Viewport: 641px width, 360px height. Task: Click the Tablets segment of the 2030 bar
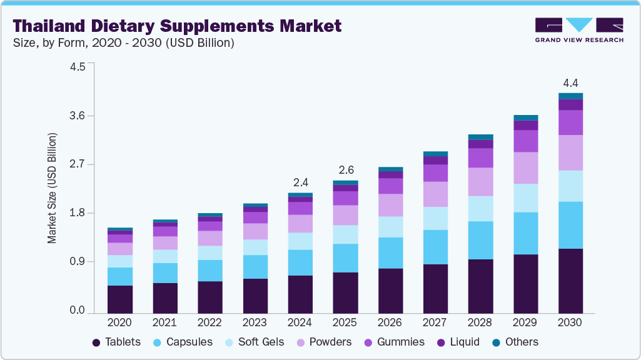570,281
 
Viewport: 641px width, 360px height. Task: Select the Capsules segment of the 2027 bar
435,247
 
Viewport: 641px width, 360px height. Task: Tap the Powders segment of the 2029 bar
525,167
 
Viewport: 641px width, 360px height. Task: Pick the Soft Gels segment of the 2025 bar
345,234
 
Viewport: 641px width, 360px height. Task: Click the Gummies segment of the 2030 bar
570,122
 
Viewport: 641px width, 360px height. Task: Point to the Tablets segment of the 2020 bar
119,299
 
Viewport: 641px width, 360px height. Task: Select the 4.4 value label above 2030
570,83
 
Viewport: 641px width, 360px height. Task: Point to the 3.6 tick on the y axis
77,116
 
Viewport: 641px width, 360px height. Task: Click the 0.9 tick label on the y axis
77,262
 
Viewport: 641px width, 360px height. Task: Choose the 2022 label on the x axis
209,322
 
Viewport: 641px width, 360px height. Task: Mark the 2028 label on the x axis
480,322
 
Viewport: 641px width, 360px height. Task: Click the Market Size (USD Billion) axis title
53,188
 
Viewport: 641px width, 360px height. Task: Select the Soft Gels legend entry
256,342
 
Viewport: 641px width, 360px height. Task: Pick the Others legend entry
515,342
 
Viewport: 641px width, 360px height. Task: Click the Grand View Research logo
578,30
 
